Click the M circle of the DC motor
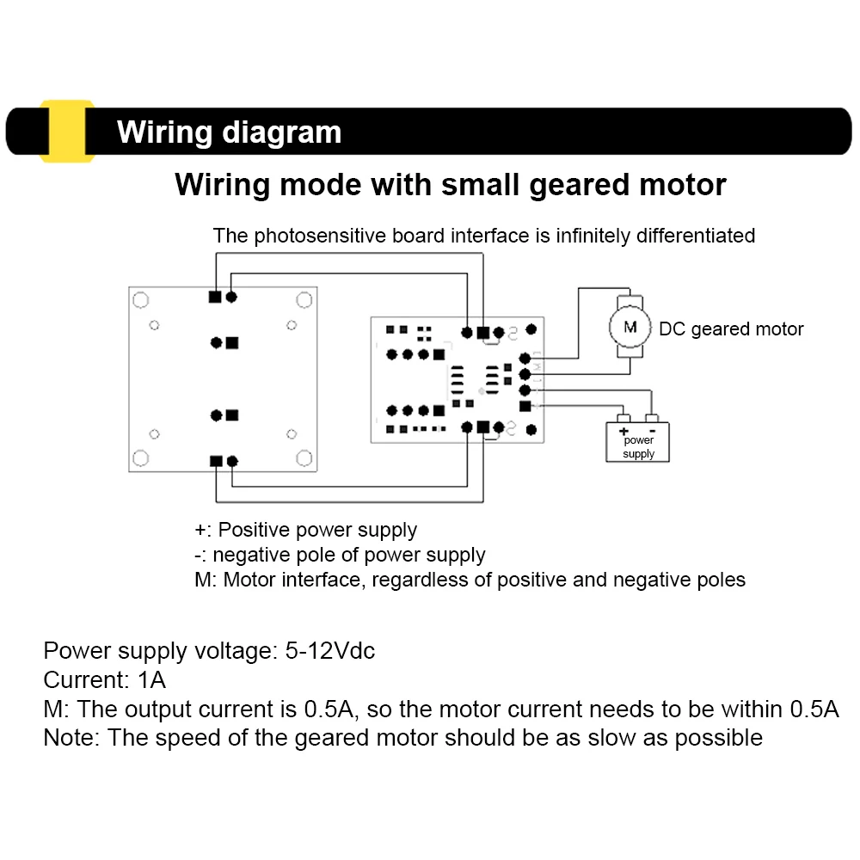(x=630, y=326)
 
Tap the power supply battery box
(x=637, y=441)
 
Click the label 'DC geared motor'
(x=731, y=329)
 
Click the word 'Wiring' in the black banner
(x=164, y=132)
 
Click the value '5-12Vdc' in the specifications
(x=330, y=651)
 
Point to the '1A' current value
(x=151, y=680)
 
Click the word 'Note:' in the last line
(x=72, y=737)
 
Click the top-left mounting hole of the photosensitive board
(x=141, y=300)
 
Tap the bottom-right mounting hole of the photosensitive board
(x=303, y=457)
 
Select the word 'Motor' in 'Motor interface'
(x=249, y=580)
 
